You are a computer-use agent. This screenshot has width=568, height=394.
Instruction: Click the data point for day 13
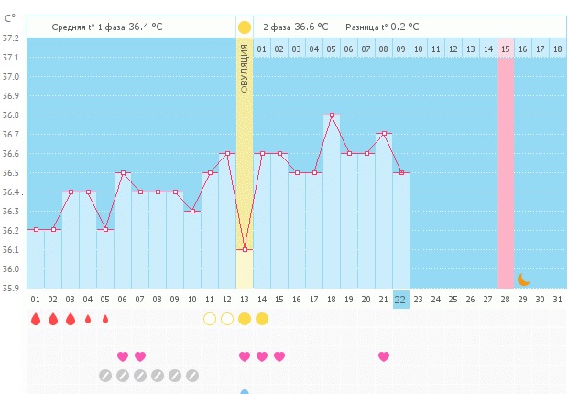coord(244,249)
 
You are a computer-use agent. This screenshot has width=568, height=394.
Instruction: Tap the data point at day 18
coord(331,115)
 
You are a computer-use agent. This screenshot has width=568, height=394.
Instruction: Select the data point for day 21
coord(383,134)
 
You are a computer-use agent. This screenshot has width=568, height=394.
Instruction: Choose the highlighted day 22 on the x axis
coord(400,299)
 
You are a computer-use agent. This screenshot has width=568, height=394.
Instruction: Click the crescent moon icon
coord(523,279)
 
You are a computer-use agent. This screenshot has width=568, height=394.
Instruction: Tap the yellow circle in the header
coord(244,27)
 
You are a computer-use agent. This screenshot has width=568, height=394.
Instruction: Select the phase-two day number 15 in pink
coord(505,49)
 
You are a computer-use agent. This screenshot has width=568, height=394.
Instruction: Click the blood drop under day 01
coord(35,319)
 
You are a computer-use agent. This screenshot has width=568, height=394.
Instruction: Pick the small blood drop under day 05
coord(104,319)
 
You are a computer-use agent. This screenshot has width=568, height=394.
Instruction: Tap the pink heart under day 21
coord(383,356)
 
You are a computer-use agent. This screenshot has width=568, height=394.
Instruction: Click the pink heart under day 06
coord(122,356)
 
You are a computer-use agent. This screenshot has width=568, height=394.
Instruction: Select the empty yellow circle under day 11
coord(209,319)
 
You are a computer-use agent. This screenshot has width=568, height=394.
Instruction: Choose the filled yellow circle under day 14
coord(261,319)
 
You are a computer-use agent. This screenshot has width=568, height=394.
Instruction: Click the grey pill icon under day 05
coord(104,375)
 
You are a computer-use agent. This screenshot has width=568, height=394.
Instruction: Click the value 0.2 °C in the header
coord(425,27)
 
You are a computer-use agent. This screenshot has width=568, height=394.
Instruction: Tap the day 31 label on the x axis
coord(557,299)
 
